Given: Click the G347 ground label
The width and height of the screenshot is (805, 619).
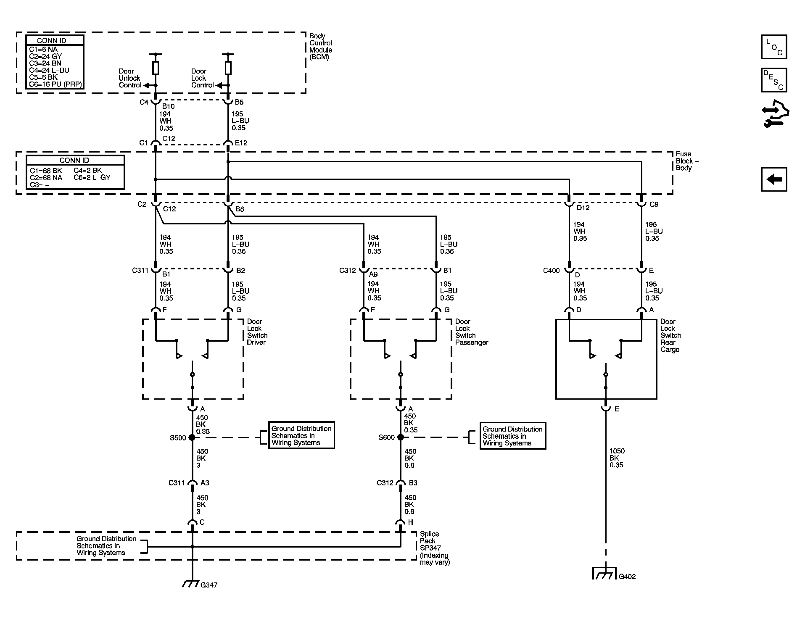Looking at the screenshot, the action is (209, 585).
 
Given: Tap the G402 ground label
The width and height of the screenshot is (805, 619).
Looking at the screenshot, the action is (627, 577).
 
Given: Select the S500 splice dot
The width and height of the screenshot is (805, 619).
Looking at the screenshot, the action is (192, 437).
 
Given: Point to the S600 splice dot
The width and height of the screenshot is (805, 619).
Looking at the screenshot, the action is (401, 437).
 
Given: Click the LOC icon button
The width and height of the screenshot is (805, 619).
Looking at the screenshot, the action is (774, 47).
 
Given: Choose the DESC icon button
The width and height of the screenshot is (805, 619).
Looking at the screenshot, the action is (774, 80).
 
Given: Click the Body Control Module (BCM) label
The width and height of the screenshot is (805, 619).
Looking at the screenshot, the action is (321, 47).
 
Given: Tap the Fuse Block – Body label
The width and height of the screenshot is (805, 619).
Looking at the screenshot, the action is (687, 161).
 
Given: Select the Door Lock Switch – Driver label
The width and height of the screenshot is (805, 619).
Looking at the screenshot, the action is (260, 332).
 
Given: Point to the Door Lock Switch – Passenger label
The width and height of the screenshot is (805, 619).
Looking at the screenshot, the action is (472, 332).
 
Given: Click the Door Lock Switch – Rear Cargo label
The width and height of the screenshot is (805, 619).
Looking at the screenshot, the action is (673, 335).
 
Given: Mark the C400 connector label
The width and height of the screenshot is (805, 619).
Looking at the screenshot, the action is (551, 271).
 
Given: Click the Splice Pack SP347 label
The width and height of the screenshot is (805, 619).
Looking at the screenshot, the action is (435, 548).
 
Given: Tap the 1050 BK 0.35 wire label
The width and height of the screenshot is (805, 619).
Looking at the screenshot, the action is (617, 458).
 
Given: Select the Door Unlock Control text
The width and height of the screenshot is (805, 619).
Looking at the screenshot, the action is (130, 78).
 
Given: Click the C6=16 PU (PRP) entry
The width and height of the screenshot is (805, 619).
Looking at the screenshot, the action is (55, 84).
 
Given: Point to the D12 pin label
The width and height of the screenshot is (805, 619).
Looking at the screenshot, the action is (583, 208).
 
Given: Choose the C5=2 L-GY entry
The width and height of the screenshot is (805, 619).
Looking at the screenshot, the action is (92, 177).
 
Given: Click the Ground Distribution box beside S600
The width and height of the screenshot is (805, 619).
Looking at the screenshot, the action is (513, 436).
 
